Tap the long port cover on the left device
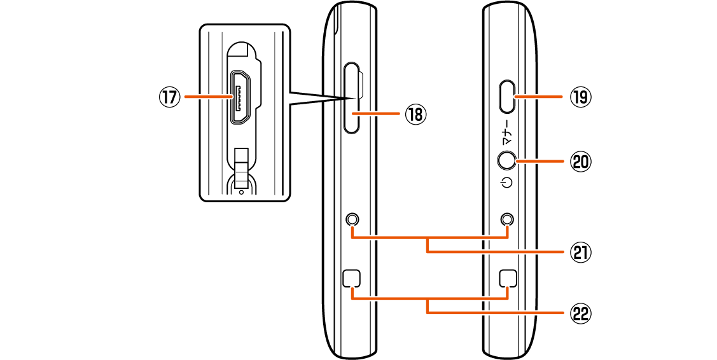[352, 97]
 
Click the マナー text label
[507, 131]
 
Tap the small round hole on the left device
[352, 219]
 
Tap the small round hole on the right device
[507, 219]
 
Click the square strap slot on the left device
[352, 278]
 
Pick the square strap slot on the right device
[507, 278]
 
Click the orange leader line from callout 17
[207, 97]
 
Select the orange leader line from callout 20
[541, 162]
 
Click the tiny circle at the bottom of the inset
[241, 191]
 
